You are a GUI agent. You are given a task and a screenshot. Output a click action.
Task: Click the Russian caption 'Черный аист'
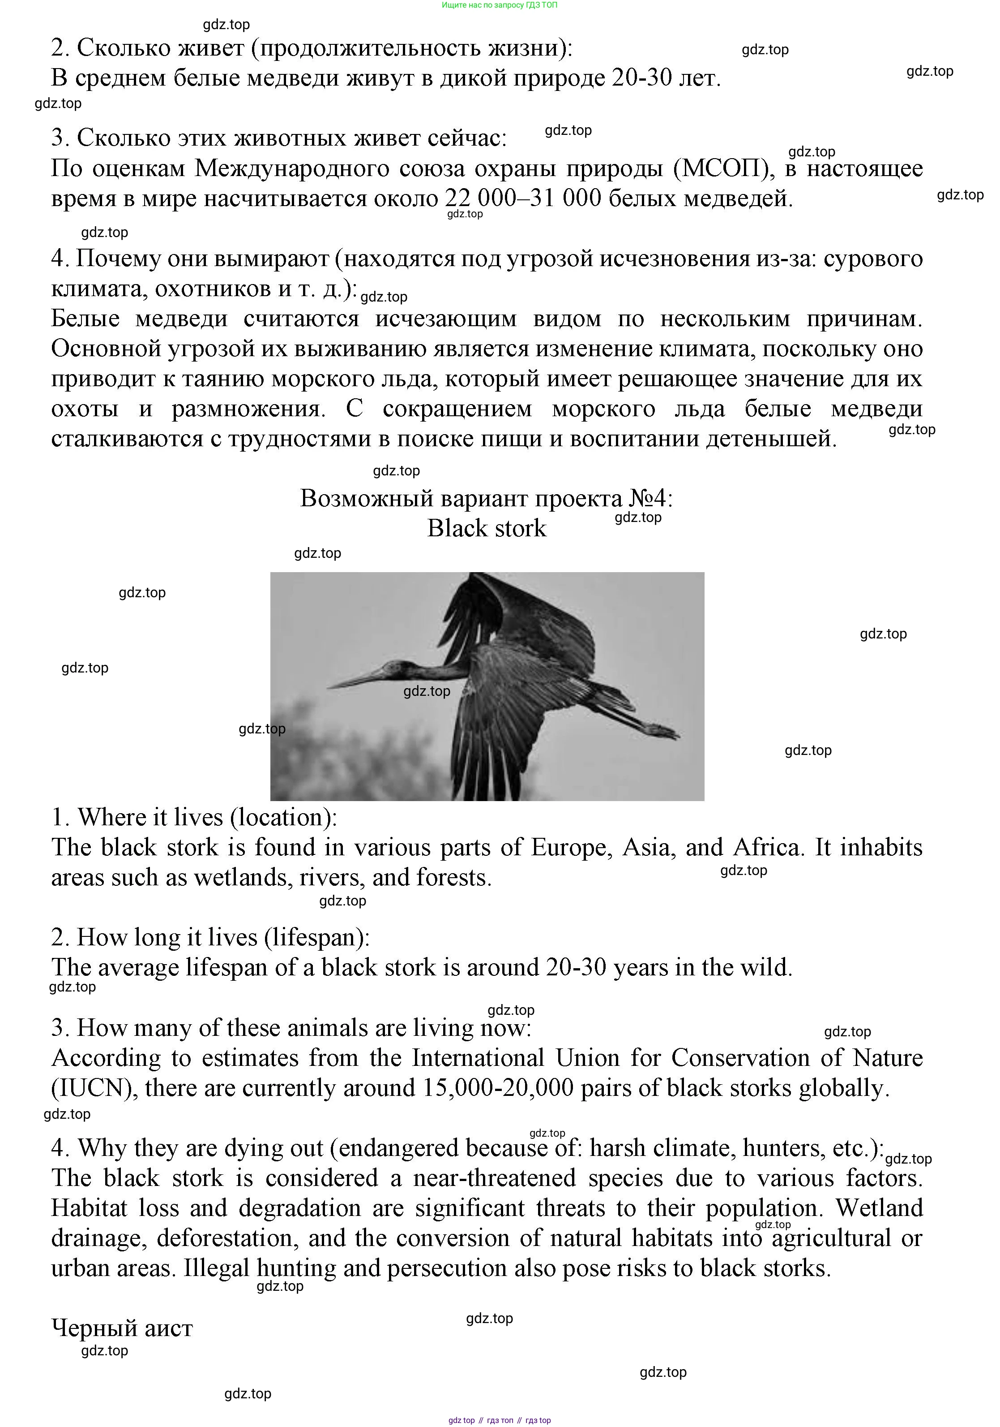[x=122, y=1328]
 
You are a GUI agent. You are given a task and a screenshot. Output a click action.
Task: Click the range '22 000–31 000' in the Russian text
[x=523, y=198]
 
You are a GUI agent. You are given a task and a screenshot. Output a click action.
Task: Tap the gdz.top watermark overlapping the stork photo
[x=427, y=691]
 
